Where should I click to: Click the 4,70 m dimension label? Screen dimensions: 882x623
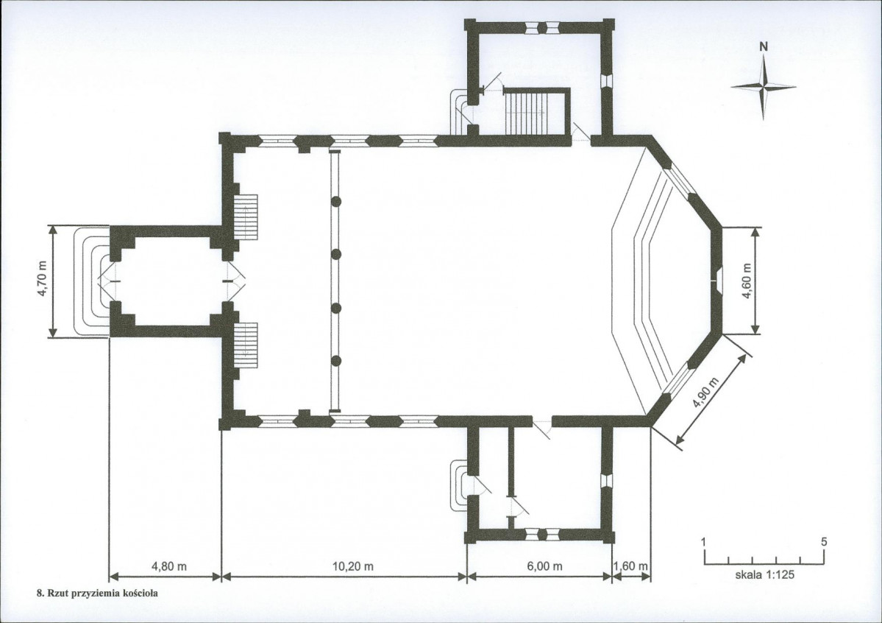click(43, 281)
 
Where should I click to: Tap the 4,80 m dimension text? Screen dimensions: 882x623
click(169, 566)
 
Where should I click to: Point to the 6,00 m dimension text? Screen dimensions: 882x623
click(544, 566)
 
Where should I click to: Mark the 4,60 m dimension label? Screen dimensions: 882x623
click(747, 281)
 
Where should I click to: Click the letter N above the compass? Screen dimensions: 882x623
click(764, 47)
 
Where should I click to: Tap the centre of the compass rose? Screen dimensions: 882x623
click(764, 87)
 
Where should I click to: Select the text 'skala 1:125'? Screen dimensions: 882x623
click(765, 576)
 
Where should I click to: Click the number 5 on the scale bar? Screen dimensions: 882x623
click(824, 542)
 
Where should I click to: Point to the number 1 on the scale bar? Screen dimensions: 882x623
click(703, 542)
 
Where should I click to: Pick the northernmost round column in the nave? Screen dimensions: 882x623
click(336, 201)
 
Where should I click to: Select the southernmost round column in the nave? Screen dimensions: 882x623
click(336, 361)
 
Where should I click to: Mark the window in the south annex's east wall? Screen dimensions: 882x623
click(606, 481)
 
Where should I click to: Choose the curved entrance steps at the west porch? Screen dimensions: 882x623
click(92, 281)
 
